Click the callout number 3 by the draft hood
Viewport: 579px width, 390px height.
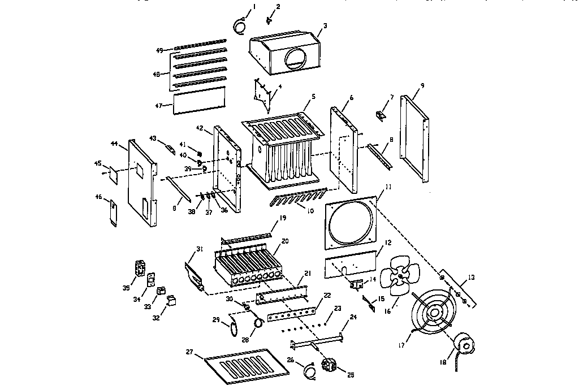(x=325, y=26)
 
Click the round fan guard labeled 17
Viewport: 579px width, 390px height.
(x=434, y=314)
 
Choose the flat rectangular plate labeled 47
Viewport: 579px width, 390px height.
(x=198, y=101)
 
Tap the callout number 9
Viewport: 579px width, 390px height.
(x=422, y=85)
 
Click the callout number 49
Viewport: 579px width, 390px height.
(x=159, y=51)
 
